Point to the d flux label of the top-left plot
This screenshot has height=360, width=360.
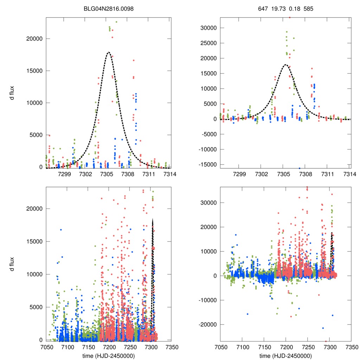pos(12,93)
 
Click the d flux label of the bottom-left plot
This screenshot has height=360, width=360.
pos(12,263)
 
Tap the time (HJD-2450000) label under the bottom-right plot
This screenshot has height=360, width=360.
pos(285,356)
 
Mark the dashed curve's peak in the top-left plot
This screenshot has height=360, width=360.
pos(109,52)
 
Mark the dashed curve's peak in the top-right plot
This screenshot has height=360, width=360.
pos(285,65)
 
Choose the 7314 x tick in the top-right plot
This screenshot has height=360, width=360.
pos(349,174)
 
